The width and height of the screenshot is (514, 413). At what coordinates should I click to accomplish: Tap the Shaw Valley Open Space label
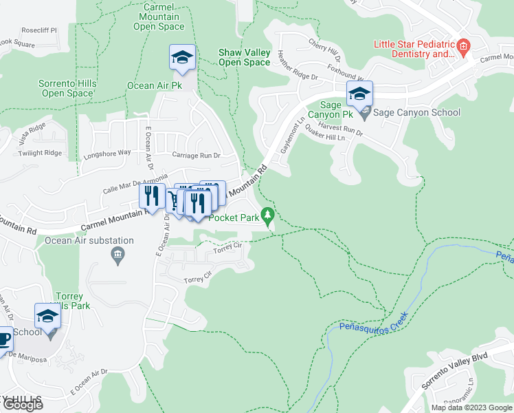click(x=244, y=57)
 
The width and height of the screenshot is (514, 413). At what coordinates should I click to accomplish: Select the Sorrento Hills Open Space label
click(x=67, y=88)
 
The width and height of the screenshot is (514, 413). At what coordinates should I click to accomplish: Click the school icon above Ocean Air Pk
click(x=182, y=58)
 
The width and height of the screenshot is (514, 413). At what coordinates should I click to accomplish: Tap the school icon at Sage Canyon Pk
click(x=359, y=94)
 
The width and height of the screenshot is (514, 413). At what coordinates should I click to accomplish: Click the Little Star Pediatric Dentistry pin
click(x=463, y=48)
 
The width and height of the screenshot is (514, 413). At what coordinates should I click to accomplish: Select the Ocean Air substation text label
click(x=89, y=240)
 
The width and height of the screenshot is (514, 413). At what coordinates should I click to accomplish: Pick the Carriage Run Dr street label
click(x=196, y=156)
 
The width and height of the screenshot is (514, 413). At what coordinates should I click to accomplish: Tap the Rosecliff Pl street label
click(x=38, y=30)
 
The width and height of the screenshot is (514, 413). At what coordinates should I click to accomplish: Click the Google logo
click(x=23, y=405)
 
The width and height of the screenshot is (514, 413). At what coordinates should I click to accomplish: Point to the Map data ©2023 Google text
click(x=471, y=407)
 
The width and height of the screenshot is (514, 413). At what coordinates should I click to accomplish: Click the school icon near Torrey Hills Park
click(x=48, y=317)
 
